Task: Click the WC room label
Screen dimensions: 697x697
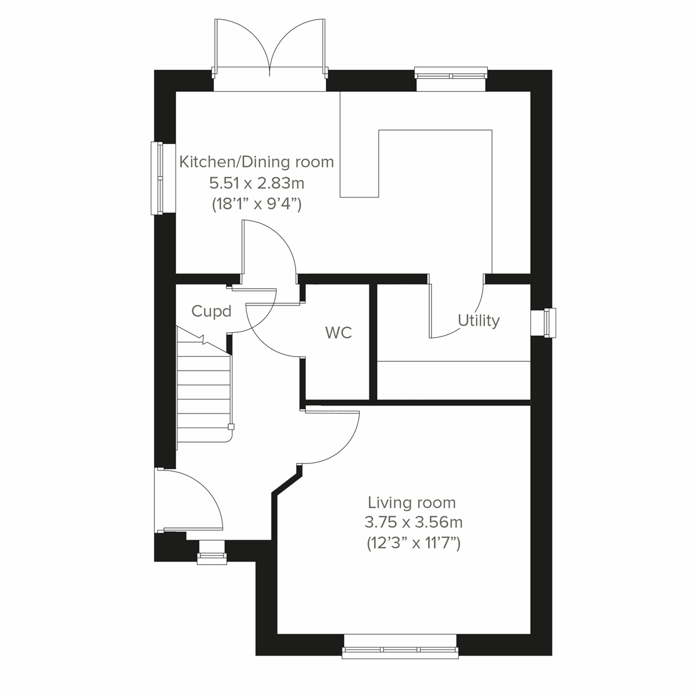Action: tap(339, 333)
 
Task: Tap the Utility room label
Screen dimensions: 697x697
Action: tap(479, 321)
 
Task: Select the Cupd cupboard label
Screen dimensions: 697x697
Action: tap(211, 312)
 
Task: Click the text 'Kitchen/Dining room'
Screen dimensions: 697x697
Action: tap(257, 161)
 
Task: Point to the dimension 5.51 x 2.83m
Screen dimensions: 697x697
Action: tap(257, 184)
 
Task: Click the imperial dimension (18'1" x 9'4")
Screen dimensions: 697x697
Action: tap(257, 204)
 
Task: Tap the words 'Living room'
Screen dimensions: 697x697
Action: tap(412, 502)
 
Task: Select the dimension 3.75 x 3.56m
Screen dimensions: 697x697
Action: tap(413, 522)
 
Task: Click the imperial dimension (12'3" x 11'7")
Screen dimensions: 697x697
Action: tap(413, 544)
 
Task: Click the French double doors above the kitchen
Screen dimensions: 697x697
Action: tap(270, 55)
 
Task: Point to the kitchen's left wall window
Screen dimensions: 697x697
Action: tap(157, 178)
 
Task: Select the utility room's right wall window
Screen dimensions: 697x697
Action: tap(549, 322)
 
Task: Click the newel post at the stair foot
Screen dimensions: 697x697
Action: tap(231, 427)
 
